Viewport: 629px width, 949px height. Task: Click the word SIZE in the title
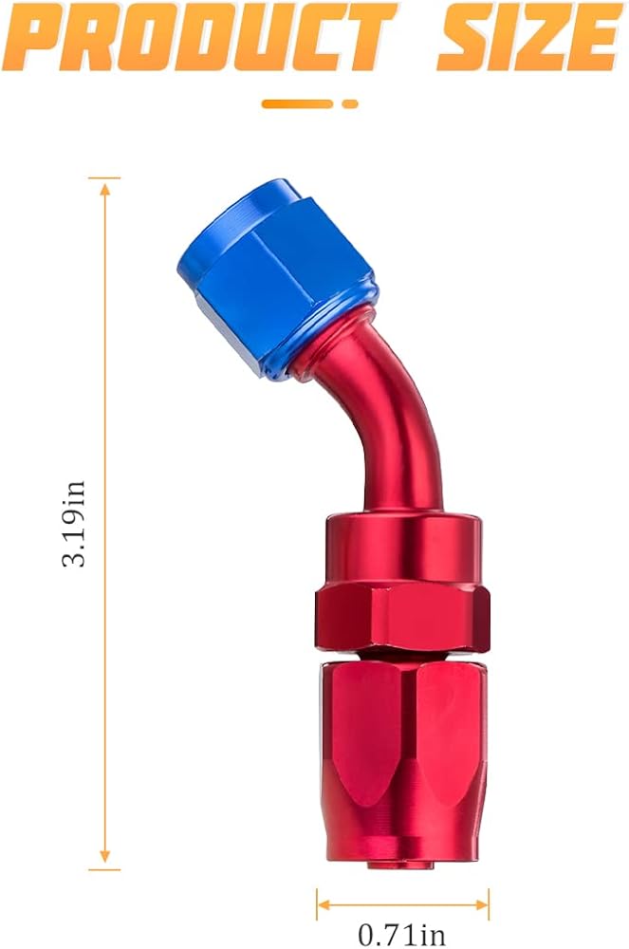[x=529, y=38]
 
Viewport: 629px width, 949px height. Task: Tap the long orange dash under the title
[x=297, y=104]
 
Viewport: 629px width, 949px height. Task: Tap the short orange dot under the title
[x=350, y=104]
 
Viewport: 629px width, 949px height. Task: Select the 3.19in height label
[x=74, y=524]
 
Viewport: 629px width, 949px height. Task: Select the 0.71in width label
[x=401, y=935]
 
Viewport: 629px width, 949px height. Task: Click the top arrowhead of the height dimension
[x=104, y=189]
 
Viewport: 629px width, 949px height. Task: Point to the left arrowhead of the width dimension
[x=324, y=905]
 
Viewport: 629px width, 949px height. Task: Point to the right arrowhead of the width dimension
[x=481, y=905]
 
